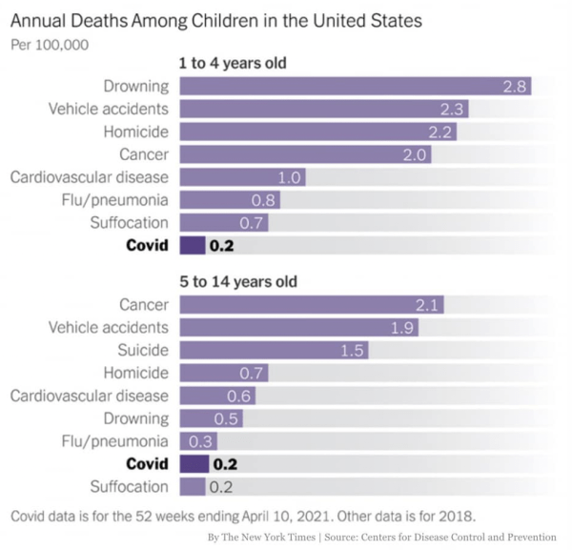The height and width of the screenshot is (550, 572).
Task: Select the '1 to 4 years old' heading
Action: (x=234, y=64)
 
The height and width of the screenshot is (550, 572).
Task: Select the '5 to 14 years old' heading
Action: (x=237, y=282)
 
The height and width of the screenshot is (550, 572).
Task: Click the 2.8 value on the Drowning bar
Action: (x=515, y=87)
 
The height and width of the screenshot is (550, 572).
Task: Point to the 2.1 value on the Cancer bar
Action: (x=427, y=305)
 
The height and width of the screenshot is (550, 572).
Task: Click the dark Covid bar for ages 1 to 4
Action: (x=192, y=245)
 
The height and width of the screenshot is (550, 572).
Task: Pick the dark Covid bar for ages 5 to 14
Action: (x=194, y=464)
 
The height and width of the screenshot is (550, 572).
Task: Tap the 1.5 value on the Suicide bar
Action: (x=353, y=351)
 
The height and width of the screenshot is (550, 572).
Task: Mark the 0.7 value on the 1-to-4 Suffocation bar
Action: (x=253, y=223)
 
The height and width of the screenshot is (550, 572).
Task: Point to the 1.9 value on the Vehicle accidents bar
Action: (x=402, y=328)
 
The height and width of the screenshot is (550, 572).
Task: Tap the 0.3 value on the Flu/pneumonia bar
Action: (x=202, y=441)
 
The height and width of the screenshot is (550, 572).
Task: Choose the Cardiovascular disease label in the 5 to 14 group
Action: (x=90, y=396)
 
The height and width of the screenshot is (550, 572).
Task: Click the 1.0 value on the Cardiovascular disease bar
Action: (x=290, y=177)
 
